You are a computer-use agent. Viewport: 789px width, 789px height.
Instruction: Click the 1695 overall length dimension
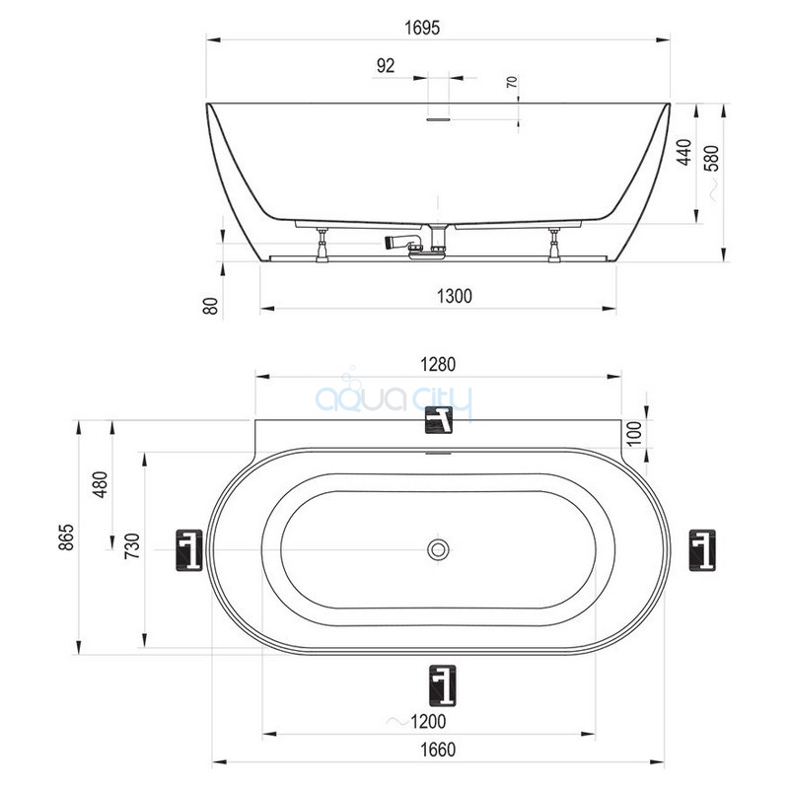tap(422, 28)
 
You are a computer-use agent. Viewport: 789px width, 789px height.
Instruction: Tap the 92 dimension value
tap(386, 65)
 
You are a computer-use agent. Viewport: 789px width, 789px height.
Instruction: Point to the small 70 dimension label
tap(512, 82)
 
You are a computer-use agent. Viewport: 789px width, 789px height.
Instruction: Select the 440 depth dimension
tap(683, 152)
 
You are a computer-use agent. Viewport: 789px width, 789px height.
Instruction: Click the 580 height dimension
tap(712, 158)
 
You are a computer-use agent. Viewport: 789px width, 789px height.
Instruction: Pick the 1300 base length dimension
tap(455, 297)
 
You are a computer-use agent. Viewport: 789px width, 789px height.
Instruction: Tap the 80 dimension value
tap(211, 306)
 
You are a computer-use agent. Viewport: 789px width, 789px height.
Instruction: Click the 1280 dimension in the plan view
tap(438, 364)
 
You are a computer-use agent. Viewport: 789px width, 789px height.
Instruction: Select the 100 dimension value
tap(635, 434)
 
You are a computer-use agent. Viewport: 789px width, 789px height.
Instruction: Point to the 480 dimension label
tap(101, 484)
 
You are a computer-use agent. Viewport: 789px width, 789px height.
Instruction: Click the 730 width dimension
tap(132, 546)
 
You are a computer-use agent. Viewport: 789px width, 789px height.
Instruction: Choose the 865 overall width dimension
tap(66, 537)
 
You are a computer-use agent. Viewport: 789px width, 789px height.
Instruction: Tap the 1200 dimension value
tap(428, 722)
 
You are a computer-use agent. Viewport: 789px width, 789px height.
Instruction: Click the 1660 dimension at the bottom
tap(438, 750)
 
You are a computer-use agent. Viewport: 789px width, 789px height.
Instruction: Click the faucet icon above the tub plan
tap(439, 420)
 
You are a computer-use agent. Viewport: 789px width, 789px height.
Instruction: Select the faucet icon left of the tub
tap(189, 550)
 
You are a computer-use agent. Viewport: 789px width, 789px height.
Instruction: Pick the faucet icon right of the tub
tap(702, 550)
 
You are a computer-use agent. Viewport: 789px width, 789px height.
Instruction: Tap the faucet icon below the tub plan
tap(443, 685)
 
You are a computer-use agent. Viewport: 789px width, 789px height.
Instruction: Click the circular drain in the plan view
tap(438, 549)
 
